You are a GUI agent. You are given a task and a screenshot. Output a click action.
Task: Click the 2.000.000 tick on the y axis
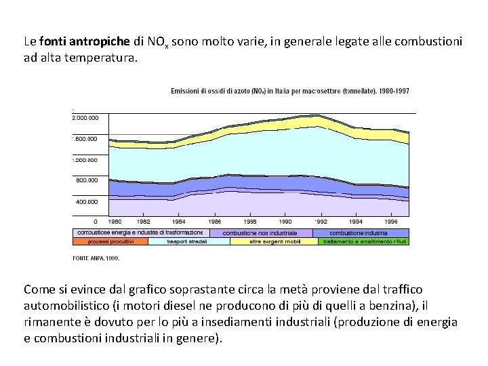[85, 118]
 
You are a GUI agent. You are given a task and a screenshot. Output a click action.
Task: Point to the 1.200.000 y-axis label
[85, 160]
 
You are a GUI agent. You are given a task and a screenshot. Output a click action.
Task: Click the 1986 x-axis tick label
[215, 221]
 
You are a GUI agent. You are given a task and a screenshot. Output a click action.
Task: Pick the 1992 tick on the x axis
[320, 221]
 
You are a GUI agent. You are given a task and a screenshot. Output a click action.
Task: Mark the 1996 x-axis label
[391, 221]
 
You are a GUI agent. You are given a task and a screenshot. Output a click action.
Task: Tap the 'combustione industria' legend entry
[359, 232]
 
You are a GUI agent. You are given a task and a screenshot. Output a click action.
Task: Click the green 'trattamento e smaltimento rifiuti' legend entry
[364, 241]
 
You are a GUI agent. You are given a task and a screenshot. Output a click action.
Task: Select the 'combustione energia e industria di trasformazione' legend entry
[140, 232]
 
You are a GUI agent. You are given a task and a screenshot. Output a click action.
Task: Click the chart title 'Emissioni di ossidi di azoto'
[289, 90]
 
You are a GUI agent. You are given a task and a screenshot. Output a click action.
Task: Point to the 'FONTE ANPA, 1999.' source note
[96, 258]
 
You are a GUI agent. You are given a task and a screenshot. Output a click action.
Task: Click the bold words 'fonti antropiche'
[79, 42]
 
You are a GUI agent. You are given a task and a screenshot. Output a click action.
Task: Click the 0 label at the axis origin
[95, 221]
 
